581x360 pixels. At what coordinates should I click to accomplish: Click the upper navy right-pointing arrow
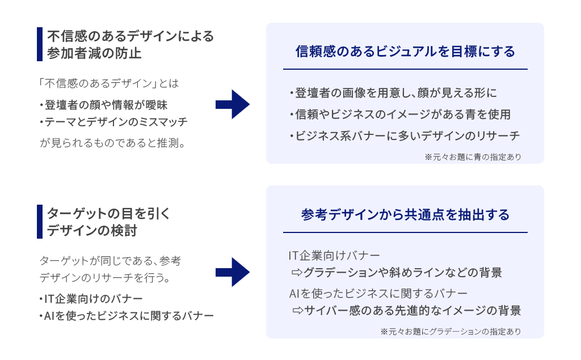point(233,104)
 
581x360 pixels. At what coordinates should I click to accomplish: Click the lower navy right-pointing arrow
point(233,272)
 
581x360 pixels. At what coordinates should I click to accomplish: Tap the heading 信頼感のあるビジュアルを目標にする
point(405,52)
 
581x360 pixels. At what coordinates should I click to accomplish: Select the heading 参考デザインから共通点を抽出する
point(405,215)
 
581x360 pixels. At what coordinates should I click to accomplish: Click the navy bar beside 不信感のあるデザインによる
point(40,44)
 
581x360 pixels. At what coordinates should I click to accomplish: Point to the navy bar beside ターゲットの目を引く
point(40,222)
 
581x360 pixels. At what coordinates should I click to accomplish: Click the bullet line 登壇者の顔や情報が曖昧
point(104,105)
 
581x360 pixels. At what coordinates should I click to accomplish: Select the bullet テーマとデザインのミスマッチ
point(113,122)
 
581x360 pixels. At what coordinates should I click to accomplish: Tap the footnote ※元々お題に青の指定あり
point(473,156)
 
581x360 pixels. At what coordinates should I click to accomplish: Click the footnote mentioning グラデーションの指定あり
point(451,331)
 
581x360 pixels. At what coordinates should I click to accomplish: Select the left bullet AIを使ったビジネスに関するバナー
point(127,316)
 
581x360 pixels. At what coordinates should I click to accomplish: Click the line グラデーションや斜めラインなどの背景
point(397,273)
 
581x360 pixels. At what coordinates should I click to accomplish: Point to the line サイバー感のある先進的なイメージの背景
point(407,311)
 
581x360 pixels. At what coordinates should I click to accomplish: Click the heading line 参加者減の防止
point(94,54)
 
